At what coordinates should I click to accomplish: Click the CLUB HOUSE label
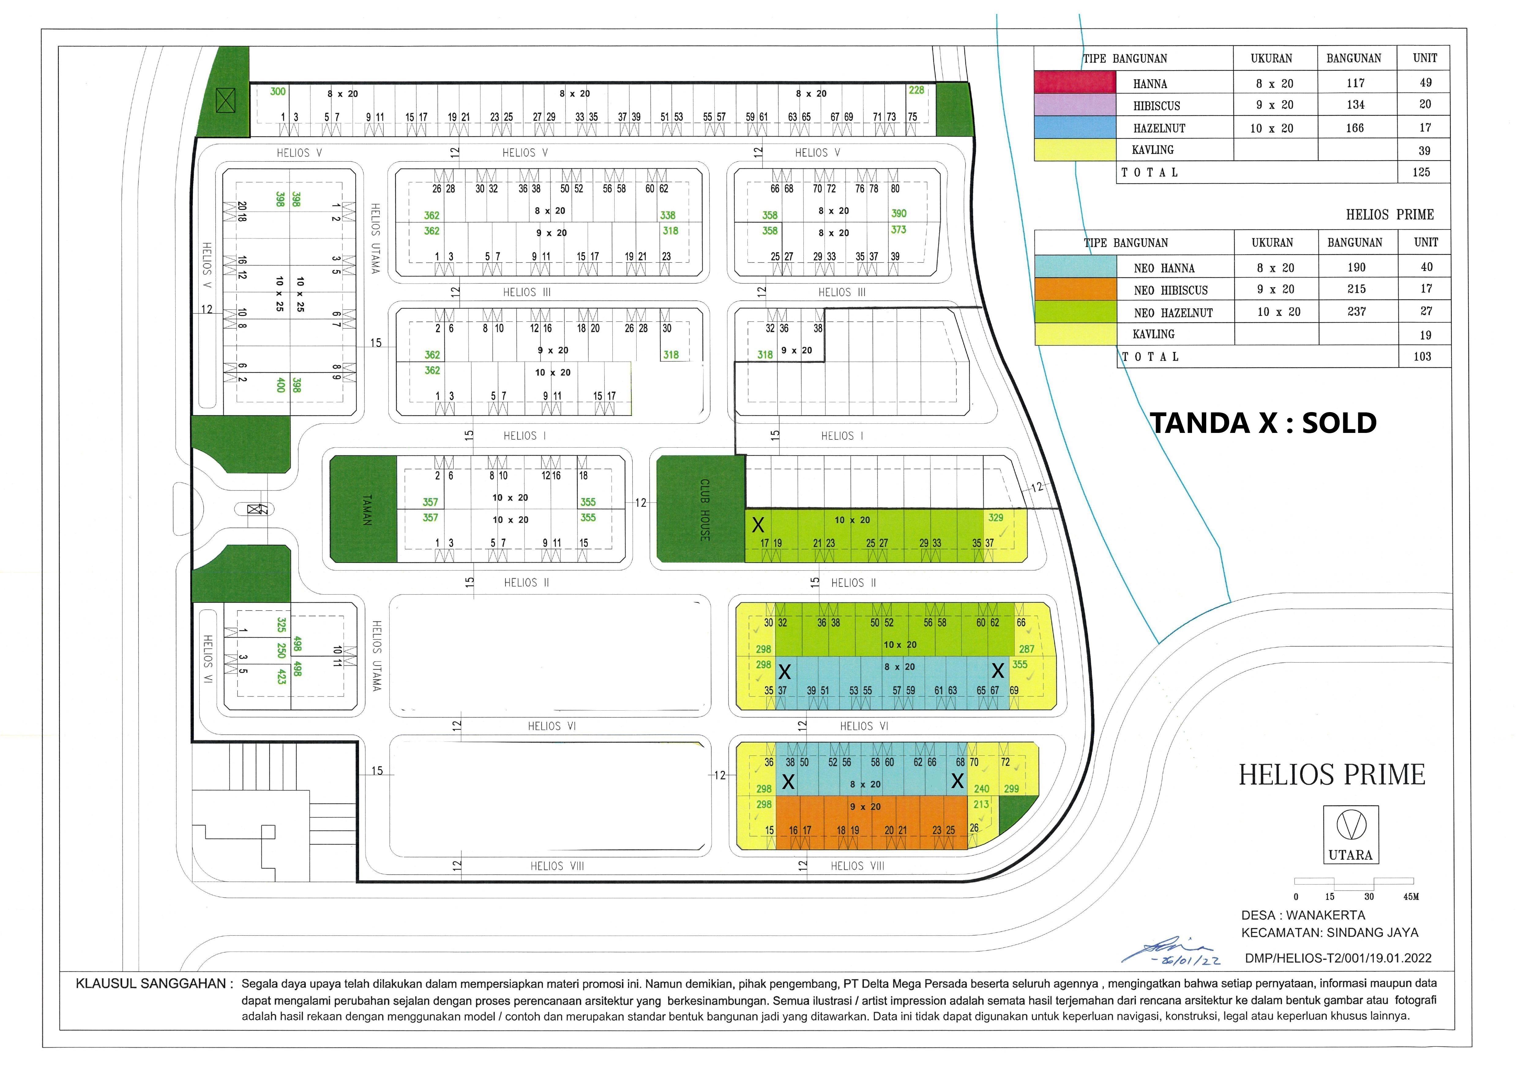(x=705, y=509)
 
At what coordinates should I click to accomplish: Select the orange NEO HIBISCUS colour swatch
(x=1075, y=289)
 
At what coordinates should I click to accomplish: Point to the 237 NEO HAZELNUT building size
(x=1356, y=311)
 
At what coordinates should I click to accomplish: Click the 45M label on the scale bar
(x=1410, y=897)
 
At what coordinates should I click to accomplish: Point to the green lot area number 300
(x=278, y=91)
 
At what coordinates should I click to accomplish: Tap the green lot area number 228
(x=916, y=90)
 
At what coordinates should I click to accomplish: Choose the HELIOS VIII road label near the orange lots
(x=857, y=866)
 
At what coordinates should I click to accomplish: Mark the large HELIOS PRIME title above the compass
(x=1332, y=774)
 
